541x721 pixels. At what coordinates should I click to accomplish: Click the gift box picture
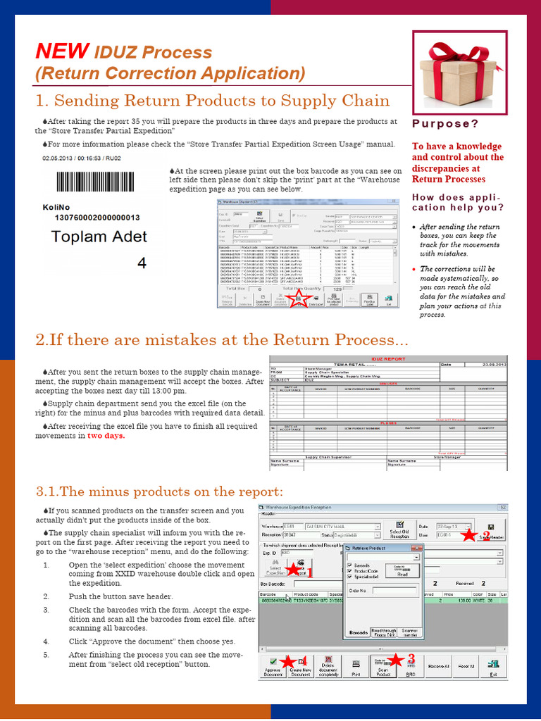pos(459,68)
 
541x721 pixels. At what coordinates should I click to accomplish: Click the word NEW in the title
pos(62,51)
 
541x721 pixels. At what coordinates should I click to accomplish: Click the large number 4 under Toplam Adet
pos(141,263)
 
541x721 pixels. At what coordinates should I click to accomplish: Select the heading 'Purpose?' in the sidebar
pos(445,124)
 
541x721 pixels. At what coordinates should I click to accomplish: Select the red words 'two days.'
pos(106,436)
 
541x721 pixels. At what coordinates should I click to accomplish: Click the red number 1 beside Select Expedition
pos(309,572)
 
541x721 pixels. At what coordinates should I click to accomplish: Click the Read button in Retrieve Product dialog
pos(402,571)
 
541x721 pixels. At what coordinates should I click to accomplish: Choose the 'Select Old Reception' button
pos(399,529)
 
